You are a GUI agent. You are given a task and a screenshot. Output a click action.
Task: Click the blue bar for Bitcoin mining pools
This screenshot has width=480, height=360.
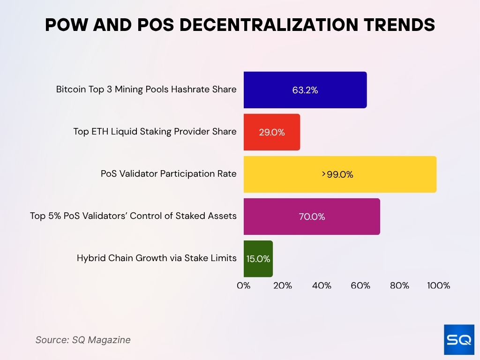(305, 90)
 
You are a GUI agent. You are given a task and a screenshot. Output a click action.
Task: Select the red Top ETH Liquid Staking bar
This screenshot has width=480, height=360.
(271, 132)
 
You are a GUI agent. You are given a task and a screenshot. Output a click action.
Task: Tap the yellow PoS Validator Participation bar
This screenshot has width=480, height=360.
(339, 174)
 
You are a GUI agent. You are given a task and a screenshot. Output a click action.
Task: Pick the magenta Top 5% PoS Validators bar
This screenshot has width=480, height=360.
(311, 217)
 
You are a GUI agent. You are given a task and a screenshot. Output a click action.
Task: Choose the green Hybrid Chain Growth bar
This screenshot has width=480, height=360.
(258, 259)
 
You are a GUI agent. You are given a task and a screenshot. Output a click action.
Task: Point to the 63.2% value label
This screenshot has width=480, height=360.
(305, 90)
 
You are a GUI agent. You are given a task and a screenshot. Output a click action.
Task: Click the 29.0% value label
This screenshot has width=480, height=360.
(272, 133)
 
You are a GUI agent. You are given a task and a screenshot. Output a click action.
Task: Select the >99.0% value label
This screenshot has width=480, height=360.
(337, 175)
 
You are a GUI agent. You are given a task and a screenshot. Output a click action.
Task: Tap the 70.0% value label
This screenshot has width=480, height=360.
(312, 217)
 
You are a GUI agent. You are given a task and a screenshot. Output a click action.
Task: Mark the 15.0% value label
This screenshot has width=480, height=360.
(258, 259)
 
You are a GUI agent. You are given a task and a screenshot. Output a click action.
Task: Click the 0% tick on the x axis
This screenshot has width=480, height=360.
(244, 285)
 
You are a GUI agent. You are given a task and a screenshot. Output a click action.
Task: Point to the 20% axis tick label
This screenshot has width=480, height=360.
(282, 285)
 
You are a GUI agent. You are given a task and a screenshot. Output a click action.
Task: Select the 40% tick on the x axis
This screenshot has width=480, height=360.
(322, 285)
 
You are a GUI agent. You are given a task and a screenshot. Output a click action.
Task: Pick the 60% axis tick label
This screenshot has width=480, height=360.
(360, 285)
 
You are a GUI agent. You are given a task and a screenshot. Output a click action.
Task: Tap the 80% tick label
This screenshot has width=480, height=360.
(399, 285)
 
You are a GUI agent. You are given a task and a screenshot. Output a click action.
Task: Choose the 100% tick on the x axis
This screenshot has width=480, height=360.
(438, 285)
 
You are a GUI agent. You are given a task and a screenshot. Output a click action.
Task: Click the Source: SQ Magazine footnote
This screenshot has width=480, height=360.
(83, 340)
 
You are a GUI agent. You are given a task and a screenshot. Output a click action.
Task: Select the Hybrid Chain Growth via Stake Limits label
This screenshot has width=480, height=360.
(157, 258)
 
